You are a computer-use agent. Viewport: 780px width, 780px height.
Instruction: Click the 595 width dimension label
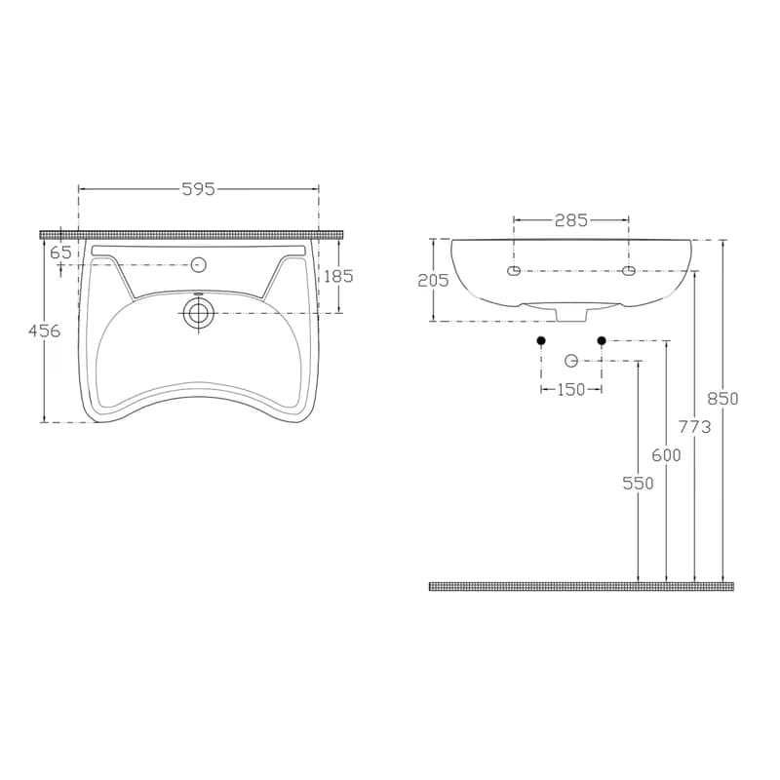pyautogui.click(x=198, y=189)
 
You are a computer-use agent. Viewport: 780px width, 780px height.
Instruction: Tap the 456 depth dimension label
pyautogui.click(x=44, y=331)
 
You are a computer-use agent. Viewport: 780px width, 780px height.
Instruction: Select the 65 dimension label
pyautogui.click(x=60, y=253)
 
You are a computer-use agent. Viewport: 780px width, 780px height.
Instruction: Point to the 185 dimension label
pyautogui.click(x=338, y=276)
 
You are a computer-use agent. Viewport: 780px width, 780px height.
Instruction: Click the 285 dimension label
pyautogui.click(x=571, y=219)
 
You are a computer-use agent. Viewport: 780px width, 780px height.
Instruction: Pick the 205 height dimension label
pyautogui.click(x=433, y=281)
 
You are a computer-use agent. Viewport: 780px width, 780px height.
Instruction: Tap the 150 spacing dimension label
pyautogui.click(x=571, y=389)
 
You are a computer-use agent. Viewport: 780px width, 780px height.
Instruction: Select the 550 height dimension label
pyautogui.click(x=639, y=483)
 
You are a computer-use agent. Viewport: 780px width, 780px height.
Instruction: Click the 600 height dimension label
pyautogui.click(x=666, y=454)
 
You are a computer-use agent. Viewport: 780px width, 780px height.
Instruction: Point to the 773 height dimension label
pyautogui.click(x=695, y=426)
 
